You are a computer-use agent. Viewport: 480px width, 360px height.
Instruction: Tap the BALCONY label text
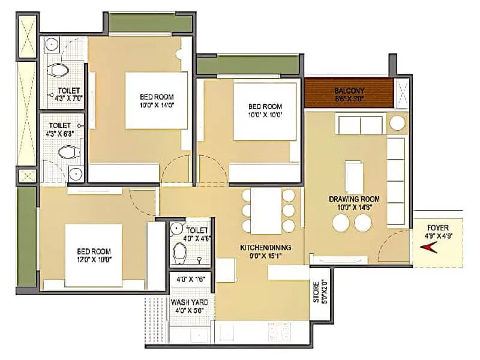[349, 91]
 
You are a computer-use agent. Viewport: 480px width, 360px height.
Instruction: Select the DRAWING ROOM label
[358, 199]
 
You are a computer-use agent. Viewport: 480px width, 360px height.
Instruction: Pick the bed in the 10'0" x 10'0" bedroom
[265, 112]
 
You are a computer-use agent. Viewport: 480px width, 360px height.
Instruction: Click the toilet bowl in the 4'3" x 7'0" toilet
[58, 70]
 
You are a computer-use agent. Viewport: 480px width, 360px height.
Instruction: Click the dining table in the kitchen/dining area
[265, 211]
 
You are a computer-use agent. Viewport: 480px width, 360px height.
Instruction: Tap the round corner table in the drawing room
[397, 123]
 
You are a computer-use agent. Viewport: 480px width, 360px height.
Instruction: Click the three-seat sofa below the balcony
[361, 126]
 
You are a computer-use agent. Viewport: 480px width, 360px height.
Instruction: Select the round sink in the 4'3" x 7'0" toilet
[52, 44]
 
